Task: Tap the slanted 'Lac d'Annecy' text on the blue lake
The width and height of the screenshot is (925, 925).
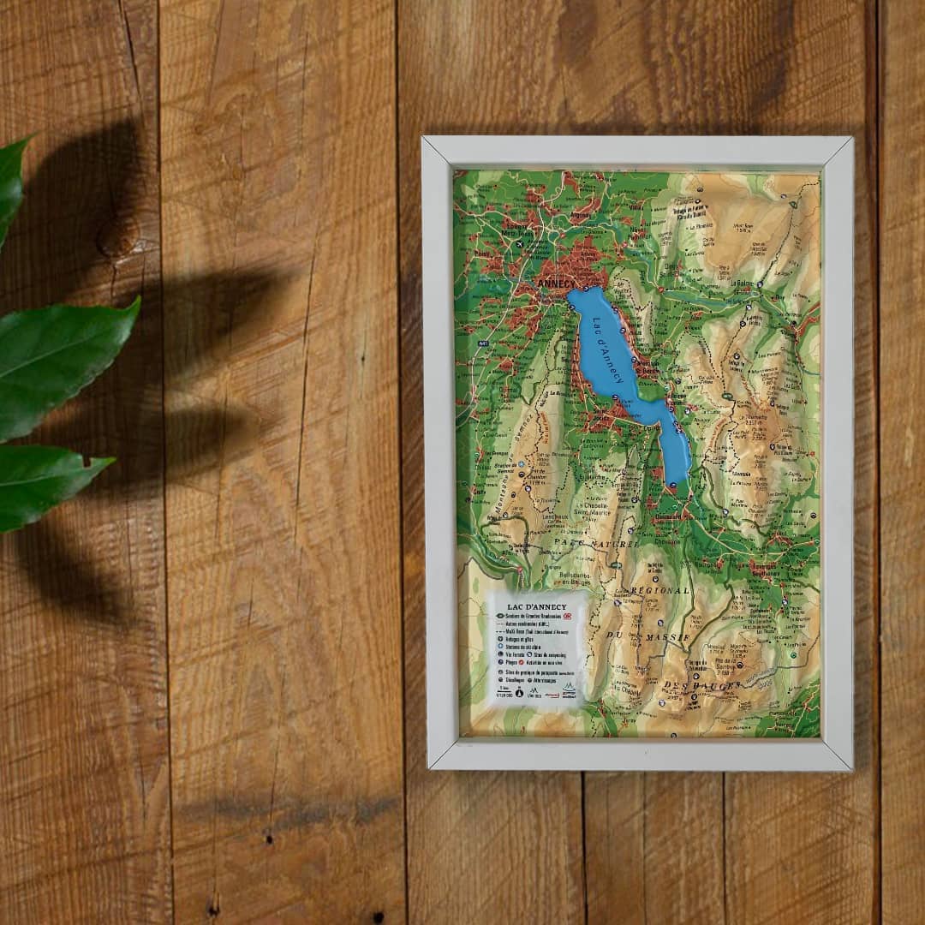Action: (606, 351)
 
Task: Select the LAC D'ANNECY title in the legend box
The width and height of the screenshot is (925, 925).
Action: (533, 606)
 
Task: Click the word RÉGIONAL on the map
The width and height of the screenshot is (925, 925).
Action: (659, 591)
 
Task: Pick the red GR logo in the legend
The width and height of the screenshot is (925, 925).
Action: (569, 617)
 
